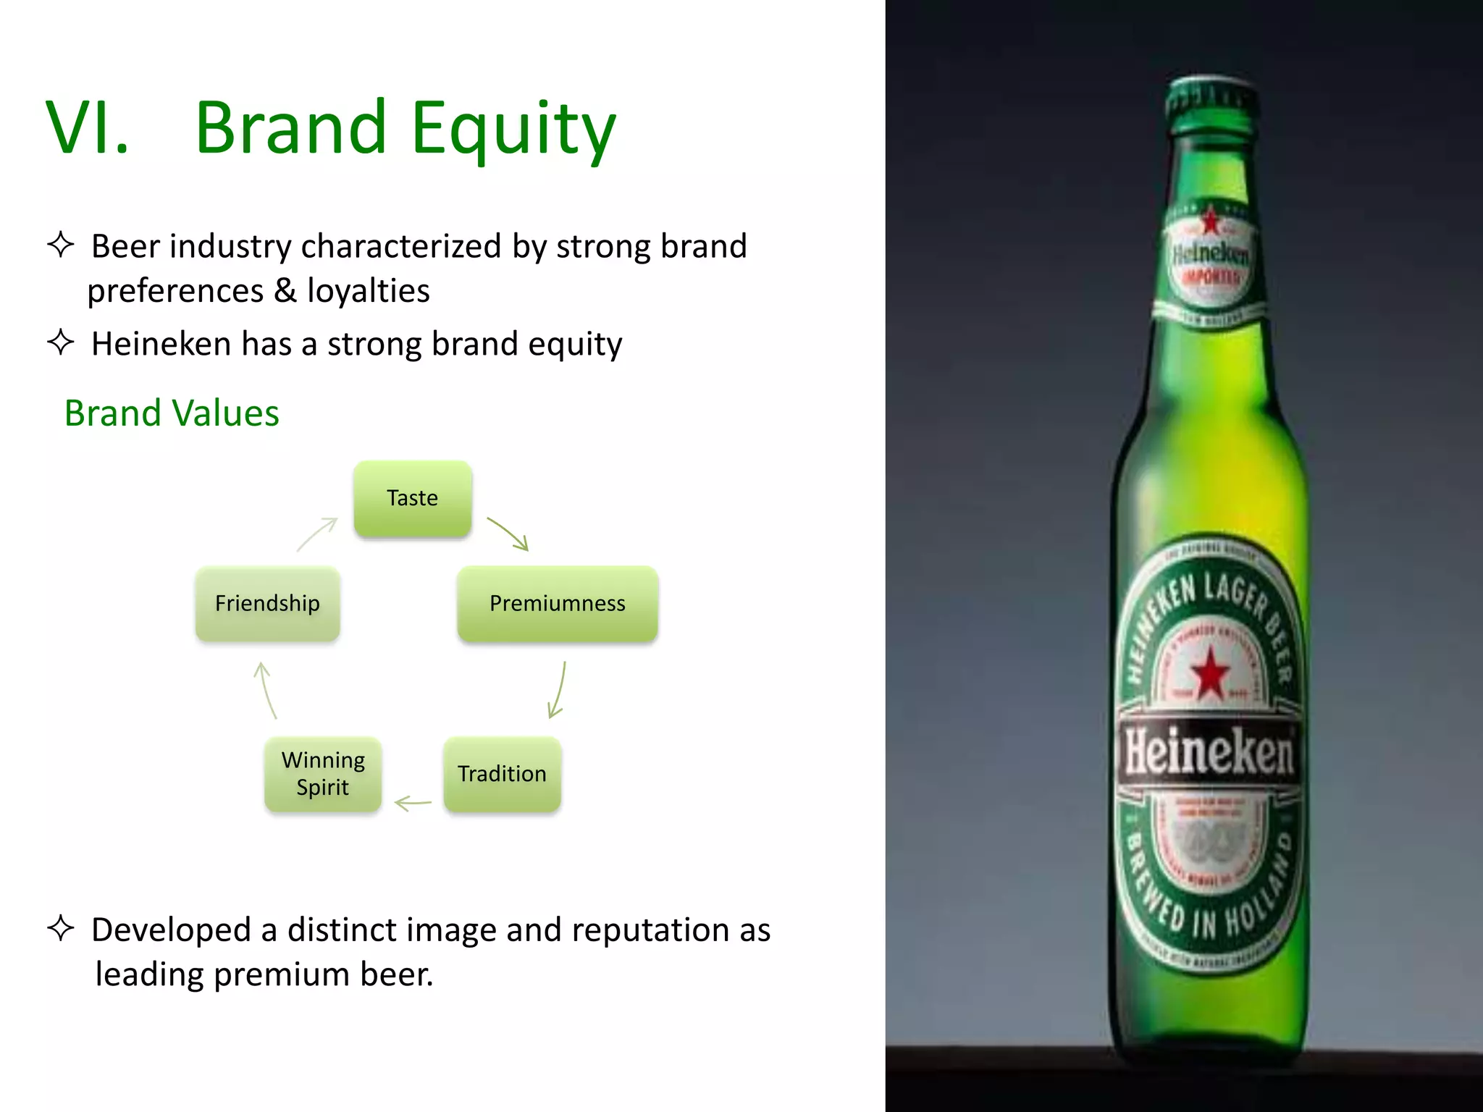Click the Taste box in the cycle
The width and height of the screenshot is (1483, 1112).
[x=413, y=499]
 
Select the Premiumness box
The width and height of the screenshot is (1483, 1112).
[x=558, y=604]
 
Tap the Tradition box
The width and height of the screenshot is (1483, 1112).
[x=502, y=774]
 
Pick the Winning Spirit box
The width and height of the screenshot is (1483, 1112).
[x=323, y=774]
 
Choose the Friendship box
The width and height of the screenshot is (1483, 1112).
[x=267, y=604]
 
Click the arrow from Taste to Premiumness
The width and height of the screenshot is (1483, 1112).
[x=509, y=534]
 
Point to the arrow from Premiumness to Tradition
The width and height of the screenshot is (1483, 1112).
[x=558, y=690]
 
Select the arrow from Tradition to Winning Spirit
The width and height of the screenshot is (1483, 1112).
[x=413, y=803]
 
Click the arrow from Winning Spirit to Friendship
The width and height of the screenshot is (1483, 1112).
[x=265, y=690]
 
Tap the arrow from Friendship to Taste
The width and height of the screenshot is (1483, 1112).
[x=317, y=534]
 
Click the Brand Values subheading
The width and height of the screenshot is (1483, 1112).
[x=172, y=413]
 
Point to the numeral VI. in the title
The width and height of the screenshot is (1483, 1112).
[x=87, y=129]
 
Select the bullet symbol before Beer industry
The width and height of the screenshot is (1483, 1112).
[x=61, y=245]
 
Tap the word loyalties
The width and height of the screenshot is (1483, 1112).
[x=368, y=291]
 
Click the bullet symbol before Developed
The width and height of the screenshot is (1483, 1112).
[x=61, y=928]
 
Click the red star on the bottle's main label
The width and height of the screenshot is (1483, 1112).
[x=1210, y=674]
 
